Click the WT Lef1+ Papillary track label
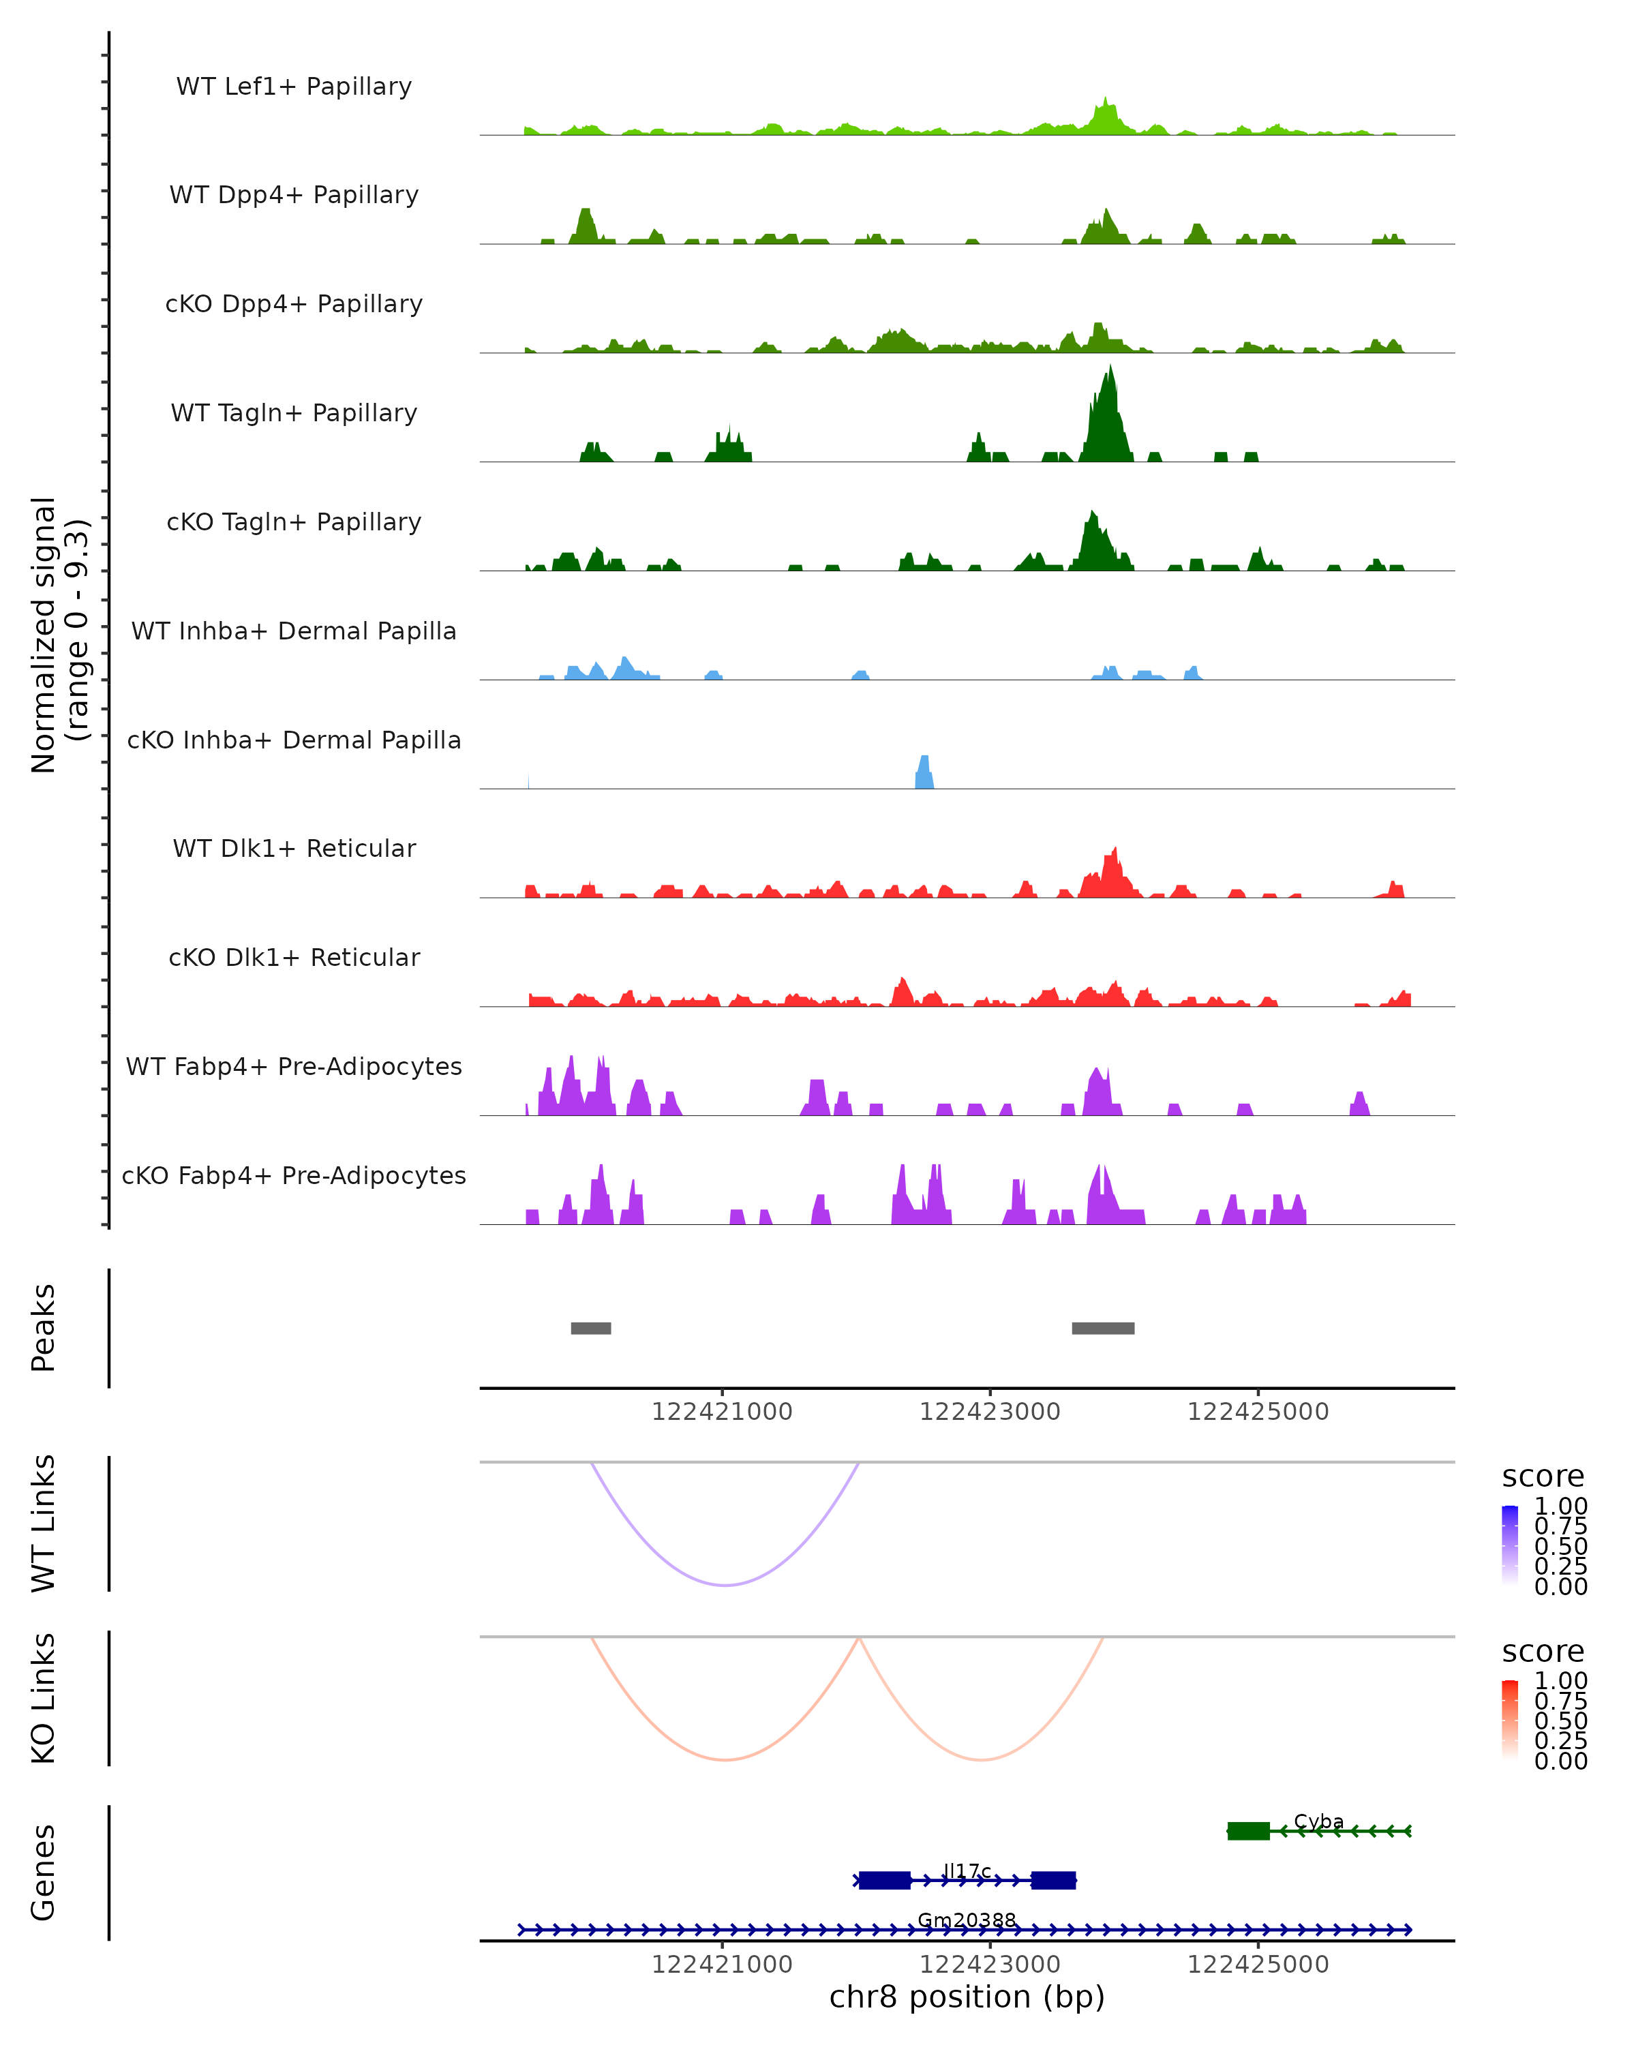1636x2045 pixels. tap(294, 87)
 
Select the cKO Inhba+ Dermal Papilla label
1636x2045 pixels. tap(294, 740)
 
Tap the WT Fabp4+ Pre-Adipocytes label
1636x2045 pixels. tap(294, 1066)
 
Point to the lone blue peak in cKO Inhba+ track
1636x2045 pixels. tap(924, 773)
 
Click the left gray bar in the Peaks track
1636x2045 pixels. tap(591, 1328)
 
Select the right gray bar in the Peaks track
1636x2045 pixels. tap(1103, 1328)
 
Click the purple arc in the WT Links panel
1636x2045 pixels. tap(725, 1585)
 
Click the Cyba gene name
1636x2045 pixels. tap(1318, 1821)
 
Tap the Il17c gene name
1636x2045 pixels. tap(967, 1870)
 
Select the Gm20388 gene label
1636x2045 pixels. tap(967, 1920)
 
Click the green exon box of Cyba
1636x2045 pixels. tap(1248, 1831)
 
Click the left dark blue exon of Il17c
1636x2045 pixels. tap(884, 1880)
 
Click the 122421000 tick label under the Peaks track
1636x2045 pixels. tap(722, 1412)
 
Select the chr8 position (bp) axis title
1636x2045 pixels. tap(967, 1997)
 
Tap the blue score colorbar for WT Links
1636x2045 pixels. tap(1510, 1545)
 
